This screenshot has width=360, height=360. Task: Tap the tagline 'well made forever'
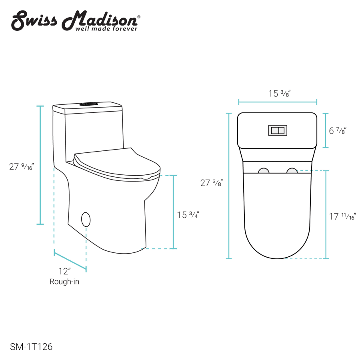pos(106,28)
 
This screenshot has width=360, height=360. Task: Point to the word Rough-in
pos(64,282)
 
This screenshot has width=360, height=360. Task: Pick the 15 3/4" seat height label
pos(188,215)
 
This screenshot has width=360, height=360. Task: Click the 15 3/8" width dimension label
pos(279,94)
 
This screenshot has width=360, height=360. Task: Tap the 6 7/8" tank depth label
pos(338,130)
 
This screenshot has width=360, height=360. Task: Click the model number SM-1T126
pos(30,347)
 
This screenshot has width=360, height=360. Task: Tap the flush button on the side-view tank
pos(88,104)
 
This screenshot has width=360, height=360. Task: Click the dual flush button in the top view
pos(278,130)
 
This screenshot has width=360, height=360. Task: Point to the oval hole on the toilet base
pos(86,219)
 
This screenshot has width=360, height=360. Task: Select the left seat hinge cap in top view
pos(264,171)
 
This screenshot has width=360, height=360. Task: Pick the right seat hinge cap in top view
pos(292,171)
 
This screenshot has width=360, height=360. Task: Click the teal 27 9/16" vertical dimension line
pos(40,165)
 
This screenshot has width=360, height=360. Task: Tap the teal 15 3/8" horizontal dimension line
pos(278,102)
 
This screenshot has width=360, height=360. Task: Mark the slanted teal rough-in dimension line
pos(70,260)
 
